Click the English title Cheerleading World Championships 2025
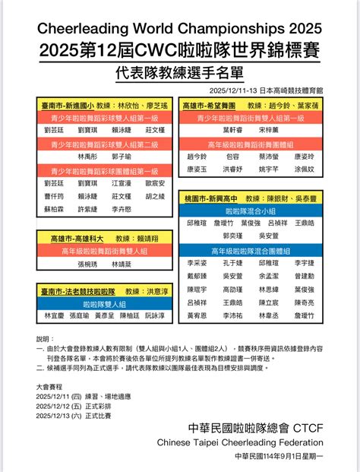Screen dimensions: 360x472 [179, 28]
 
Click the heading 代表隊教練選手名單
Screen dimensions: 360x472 [179, 74]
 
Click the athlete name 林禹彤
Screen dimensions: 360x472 [87, 156]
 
